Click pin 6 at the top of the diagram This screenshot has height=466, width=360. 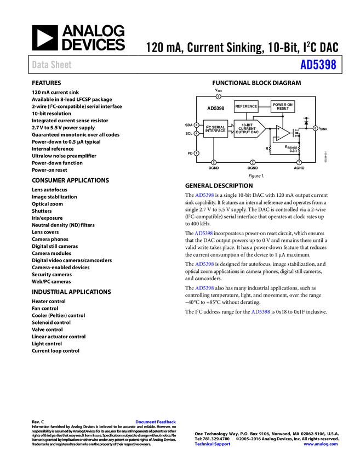[218, 96]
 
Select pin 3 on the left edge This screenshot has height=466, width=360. [196, 125]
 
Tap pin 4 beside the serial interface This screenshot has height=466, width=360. [196, 133]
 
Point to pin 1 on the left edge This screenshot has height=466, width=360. [196, 153]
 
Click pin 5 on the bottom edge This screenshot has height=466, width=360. [214, 162]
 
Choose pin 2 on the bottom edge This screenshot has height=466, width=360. [253, 162]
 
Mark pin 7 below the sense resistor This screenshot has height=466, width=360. [299, 162]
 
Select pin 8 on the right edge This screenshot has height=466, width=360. [315, 128]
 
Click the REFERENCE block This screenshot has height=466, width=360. [246, 106]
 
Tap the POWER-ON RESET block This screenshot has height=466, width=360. [283, 106]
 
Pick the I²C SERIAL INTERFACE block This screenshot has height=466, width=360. [215, 129]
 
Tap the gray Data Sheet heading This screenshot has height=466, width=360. [52, 65]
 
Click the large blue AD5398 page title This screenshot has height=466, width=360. [318, 65]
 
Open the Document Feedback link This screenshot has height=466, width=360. [156, 422]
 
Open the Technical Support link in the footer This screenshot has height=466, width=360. [213, 444]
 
